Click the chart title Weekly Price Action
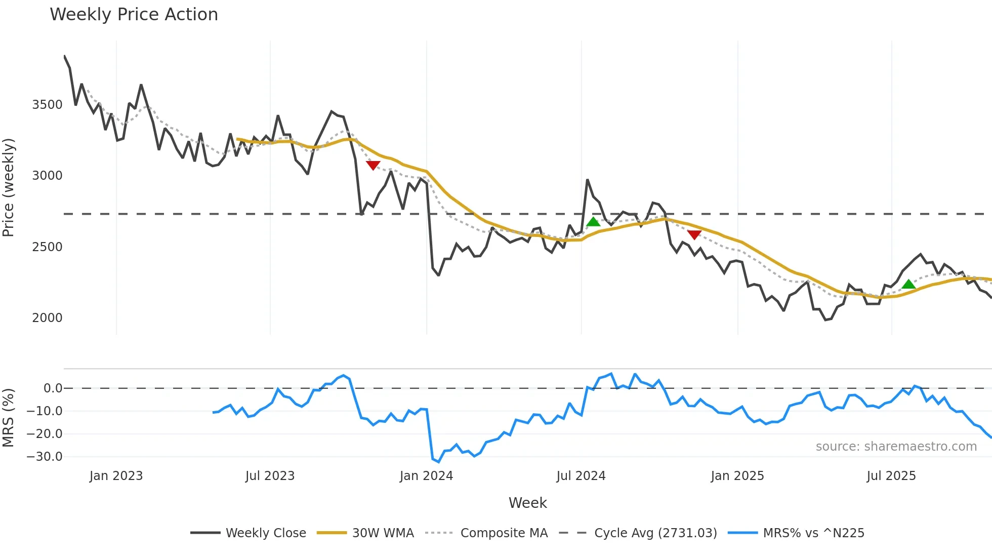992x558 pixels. pyautogui.click(x=134, y=15)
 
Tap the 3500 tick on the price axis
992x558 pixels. pyautogui.click(x=47, y=105)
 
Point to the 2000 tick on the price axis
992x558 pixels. pyautogui.click(x=47, y=318)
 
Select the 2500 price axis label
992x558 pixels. pyautogui.click(x=47, y=247)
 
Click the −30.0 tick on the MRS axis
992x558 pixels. pyautogui.click(x=45, y=457)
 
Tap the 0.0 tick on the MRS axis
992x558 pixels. pyautogui.click(x=53, y=388)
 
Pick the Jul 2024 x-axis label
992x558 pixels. pyautogui.click(x=581, y=476)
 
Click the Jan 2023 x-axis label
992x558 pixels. pyautogui.click(x=116, y=476)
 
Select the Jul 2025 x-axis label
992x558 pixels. pyautogui.click(x=891, y=476)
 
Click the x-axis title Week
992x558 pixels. pyautogui.click(x=527, y=503)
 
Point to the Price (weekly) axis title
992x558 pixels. pyautogui.click(x=9, y=187)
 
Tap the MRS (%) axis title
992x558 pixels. pyautogui.click(x=9, y=418)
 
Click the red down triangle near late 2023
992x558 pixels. pyautogui.click(x=373, y=165)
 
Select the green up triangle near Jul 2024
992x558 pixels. pyautogui.click(x=593, y=222)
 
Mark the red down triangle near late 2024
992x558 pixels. pyautogui.click(x=694, y=234)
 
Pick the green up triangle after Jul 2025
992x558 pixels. pyautogui.click(x=908, y=284)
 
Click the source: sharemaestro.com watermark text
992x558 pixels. pyautogui.click(x=896, y=447)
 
